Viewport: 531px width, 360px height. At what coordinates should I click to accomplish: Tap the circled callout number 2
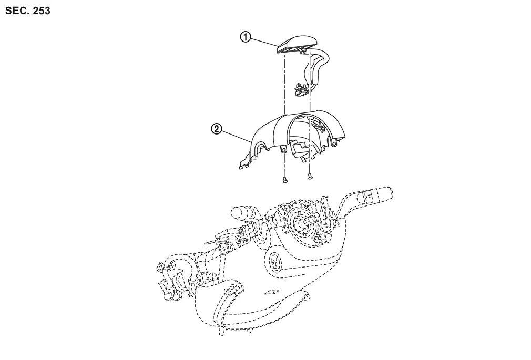click(x=217, y=129)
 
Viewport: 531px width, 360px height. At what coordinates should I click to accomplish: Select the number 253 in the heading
click(x=42, y=11)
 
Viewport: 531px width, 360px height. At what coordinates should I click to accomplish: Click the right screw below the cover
click(x=310, y=176)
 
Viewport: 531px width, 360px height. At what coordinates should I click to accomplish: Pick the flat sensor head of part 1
click(x=297, y=44)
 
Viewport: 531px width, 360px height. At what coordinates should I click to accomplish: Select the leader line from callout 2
click(x=237, y=136)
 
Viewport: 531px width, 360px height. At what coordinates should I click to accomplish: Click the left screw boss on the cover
click(x=283, y=149)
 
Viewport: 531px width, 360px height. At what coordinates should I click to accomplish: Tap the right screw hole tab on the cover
click(x=334, y=143)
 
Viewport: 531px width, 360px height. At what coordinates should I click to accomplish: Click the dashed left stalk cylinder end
click(x=237, y=213)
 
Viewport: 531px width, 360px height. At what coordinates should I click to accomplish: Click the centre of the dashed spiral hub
click(x=302, y=222)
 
